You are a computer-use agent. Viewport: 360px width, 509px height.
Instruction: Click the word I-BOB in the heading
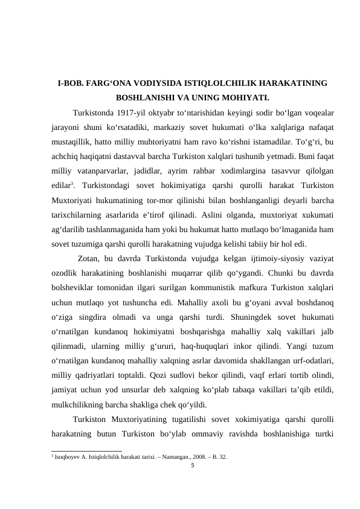69,83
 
